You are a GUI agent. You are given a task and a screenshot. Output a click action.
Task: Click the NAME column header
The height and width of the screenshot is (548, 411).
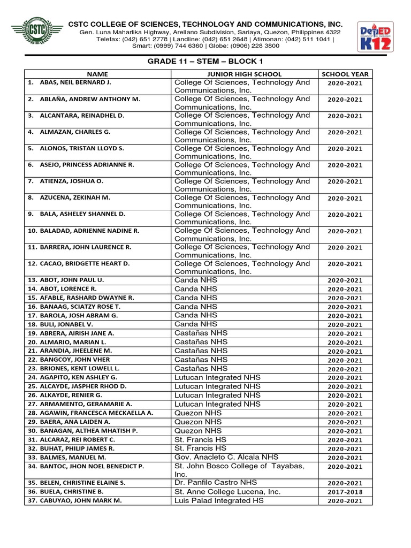coord(98,74)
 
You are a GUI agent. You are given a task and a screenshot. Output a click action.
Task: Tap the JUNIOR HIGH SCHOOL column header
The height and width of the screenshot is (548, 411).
coord(244,74)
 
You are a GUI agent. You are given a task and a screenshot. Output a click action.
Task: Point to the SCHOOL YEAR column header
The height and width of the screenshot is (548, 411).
coord(345,74)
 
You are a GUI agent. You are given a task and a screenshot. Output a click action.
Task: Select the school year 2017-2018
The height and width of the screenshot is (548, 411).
coord(345,492)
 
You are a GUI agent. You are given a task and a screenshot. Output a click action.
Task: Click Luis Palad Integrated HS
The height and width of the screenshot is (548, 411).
coord(219,500)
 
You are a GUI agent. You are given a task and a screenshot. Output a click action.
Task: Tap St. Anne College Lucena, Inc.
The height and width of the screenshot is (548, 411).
coord(227,491)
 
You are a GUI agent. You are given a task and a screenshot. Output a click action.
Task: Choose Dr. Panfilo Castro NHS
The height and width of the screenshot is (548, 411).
coord(216,482)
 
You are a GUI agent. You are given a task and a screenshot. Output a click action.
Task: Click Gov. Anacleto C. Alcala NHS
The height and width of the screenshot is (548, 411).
coord(226,458)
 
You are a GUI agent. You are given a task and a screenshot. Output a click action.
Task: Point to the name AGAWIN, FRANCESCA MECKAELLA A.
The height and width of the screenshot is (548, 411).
coord(90,413)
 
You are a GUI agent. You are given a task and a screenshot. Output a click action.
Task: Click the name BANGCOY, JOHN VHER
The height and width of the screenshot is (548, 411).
coord(68,360)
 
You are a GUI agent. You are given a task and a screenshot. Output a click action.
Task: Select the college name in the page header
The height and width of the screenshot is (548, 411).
coord(205,25)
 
